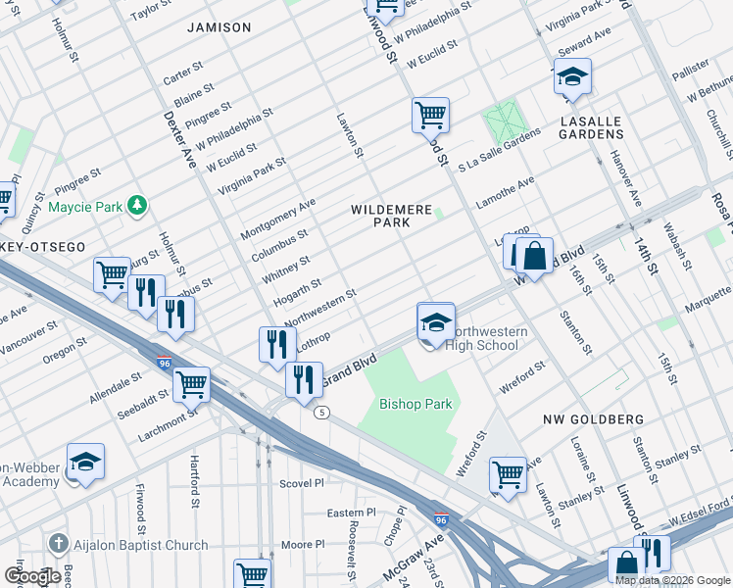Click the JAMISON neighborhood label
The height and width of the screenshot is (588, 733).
[x=219, y=27]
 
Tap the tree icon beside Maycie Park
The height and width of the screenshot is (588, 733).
[x=139, y=205]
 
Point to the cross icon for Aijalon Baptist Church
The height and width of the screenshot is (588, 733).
[x=58, y=545]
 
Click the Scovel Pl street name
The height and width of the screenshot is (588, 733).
[x=302, y=483]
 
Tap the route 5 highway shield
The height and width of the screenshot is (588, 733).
[x=321, y=413]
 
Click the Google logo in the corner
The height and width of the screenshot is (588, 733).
[x=32, y=576]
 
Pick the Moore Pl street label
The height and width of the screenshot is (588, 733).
[x=303, y=544]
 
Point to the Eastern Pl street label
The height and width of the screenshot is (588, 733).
[x=351, y=513]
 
